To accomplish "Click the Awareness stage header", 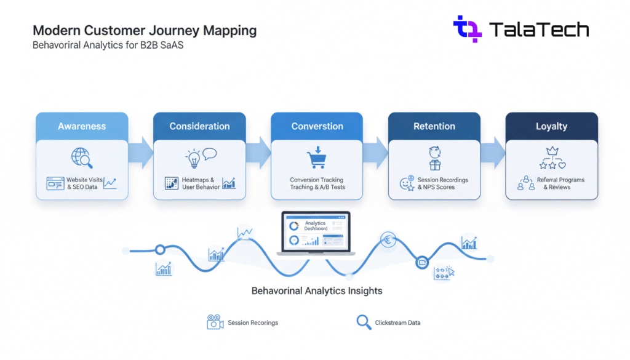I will coord(82,126).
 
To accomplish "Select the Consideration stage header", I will coord(199,126).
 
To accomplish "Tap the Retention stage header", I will coord(434,126).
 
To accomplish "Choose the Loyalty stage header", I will coord(551,126).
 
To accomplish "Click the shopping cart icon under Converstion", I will coord(316,159).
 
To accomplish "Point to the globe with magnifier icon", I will coord(81,158).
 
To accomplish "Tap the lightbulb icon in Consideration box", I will coord(193,158).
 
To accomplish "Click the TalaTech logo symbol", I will coord(468,28).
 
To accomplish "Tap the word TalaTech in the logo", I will coord(539,30).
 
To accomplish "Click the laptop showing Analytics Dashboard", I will coord(316,234).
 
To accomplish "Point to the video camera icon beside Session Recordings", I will coord(215,322).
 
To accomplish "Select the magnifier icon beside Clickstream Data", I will coord(364,322).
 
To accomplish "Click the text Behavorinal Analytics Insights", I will coord(317,290).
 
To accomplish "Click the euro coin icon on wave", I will coord(388,239).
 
